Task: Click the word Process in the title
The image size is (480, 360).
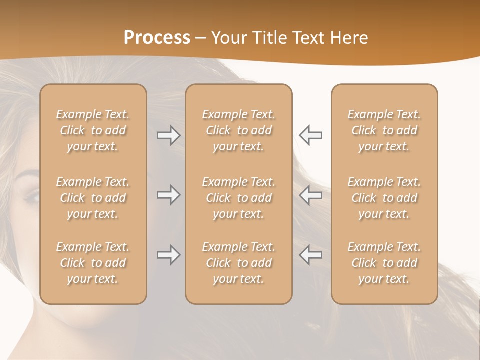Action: click(x=157, y=38)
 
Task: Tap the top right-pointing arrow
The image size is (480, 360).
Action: click(x=168, y=135)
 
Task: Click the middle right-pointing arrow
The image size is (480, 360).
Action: click(x=168, y=195)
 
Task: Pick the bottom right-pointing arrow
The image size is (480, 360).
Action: click(x=168, y=255)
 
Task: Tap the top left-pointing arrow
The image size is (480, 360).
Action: click(x=310, y=135)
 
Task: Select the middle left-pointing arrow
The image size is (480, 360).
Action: click(x=310, y=195)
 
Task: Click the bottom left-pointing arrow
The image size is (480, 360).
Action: click(x=310, y=255)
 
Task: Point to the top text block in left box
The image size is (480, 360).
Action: click(x=93, y=130)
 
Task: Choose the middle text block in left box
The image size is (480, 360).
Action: click(x=93, y=198)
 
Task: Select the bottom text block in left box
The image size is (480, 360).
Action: click(x=93, y=263)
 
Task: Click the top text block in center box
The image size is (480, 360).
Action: click(x=239, y=130)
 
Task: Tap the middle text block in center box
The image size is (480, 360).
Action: click(x=239, y=198)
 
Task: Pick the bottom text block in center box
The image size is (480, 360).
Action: click(x=239, y=263)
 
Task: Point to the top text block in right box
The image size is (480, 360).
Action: click(x=384, y=130)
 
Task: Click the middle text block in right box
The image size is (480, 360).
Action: click(x=384, y=198)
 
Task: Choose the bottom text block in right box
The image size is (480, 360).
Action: click(x=384, y=263)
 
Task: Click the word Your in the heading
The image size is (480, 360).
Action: click(x=229, y=38)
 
